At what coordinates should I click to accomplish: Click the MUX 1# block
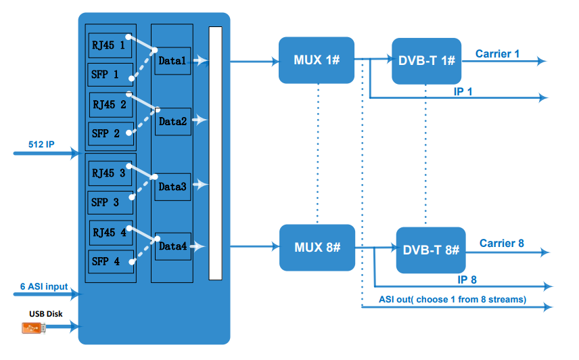(316, 60)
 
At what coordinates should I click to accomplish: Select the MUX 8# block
(317, 247)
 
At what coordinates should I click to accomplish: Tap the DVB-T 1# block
(426, 61)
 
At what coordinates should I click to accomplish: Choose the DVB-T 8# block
(431, 250)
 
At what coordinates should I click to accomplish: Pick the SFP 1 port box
(106, 74)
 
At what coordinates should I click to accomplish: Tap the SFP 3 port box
(106, 202)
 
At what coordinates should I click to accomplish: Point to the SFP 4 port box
(106, 261)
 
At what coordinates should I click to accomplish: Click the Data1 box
(173, 61)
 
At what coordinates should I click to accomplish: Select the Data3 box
(173, 186)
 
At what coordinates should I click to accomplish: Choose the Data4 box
(173, 246)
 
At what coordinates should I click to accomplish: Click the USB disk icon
(34, 328)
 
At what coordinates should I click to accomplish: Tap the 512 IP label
(41, 144)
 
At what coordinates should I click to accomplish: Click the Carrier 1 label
(497, 53)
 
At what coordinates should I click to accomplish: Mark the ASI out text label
(452, 299)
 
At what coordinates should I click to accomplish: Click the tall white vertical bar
(215, 153)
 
